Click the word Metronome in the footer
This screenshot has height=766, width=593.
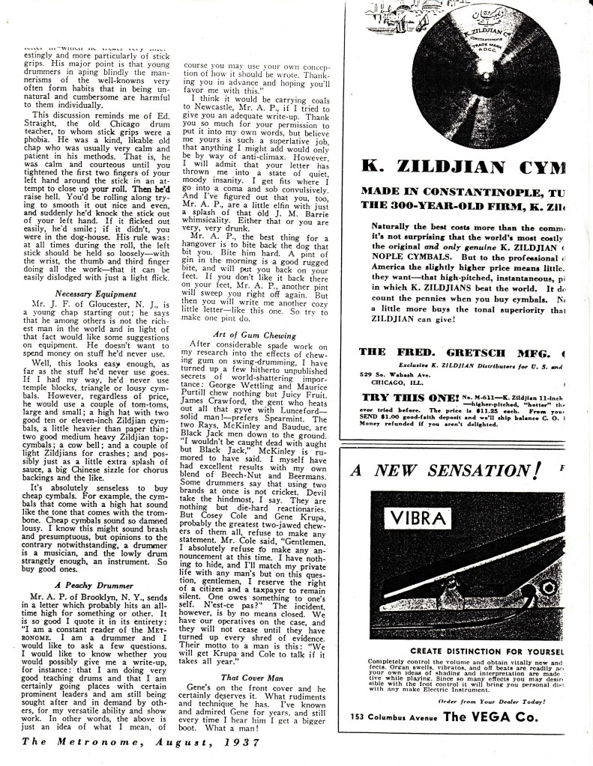[x=78, y=743]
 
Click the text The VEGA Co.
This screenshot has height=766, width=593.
[x=490, y=716]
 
